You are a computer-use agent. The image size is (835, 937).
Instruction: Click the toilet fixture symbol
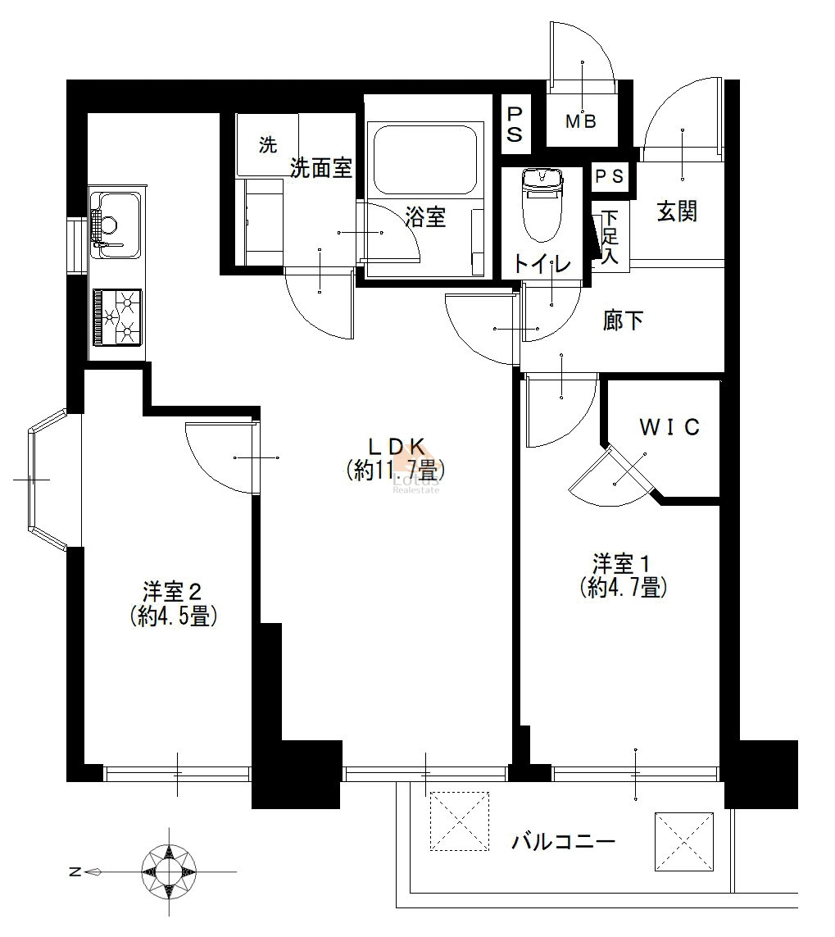pyautogui.click(x=542, y=204)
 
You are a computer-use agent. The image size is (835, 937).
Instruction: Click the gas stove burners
pyautogui.click(x=117, y=317)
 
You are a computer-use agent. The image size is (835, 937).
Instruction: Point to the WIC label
pyautogui.click(x=669, y=427)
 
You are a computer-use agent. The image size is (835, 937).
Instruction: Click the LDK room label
pyautogui.click(x=396, y=447)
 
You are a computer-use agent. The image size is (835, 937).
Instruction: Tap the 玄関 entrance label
pyautogui.click(x=678, y=211)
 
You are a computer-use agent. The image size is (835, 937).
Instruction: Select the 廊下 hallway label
pyautogui.click(x=623, y=321)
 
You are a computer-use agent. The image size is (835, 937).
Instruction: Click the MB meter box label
pyautogui.click(x=581, y=122)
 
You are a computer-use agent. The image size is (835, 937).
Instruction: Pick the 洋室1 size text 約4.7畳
pyautogui.click(x=623, y=589)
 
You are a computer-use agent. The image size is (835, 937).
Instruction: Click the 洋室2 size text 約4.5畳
pyautogui.click(x=173, y=616)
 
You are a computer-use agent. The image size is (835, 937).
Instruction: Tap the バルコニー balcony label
pyautogui.click(x=563, y=843)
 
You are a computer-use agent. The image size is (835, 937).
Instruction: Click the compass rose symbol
pyautogui.click(x=169, y=871)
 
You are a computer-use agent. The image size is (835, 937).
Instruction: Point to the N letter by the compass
pyautogui.click(x=74, y=872)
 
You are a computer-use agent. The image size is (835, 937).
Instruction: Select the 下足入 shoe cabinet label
pyautogui.click(x=609, y=237)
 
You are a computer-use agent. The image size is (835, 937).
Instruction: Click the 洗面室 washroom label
pyautogui.click(x=320, y=168)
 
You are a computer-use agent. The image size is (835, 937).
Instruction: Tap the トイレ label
pyautogui.click(x=542, y=263)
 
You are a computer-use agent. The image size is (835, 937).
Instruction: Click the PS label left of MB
pyautogui.click(x=515, y=125)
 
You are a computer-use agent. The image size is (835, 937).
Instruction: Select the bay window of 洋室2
pyautogui.click(x=49, y=479)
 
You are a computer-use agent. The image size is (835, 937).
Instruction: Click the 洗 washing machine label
pyautogui.click(x=268, y=144)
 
